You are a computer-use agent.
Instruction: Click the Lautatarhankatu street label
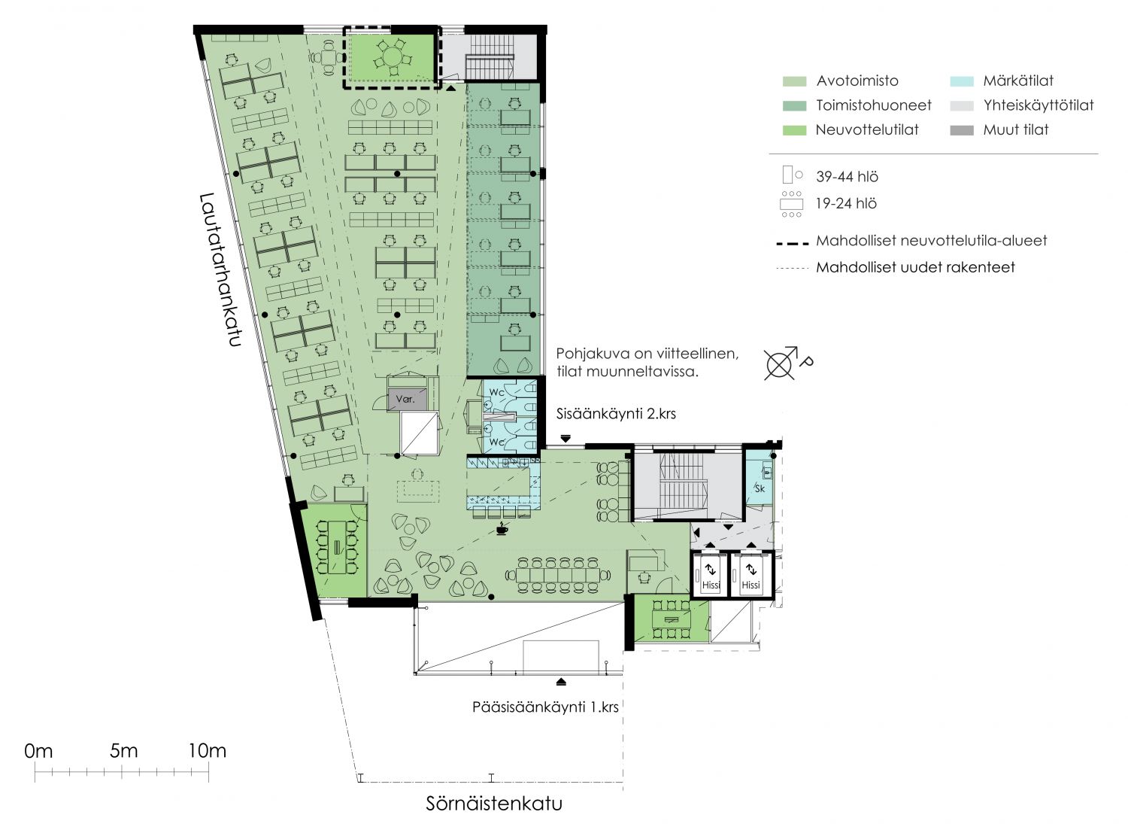pyautogui.click(x=220, y=269)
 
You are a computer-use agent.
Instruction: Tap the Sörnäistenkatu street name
pyautogui.click(x=494, y=804)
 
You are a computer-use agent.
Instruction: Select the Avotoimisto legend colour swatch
pyautogui.click(x=795, y=81)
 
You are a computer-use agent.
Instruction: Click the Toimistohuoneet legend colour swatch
pyautogui.click(x=795, y=106)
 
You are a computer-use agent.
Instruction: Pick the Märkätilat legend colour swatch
pyautogui.click(x=962, y=81)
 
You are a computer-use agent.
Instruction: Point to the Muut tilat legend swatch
pyautogui.click(x=962, y=130)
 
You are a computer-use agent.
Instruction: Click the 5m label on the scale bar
pyautogui.click(x=124, y=751)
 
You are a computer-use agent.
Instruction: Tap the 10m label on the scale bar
pyautogui.click(x=208, y=751)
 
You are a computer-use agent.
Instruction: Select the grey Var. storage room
pyautogui.click(x=407, y=399)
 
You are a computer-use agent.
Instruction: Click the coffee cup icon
pyautogui.click(x=502, y=529)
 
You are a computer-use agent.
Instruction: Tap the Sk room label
pyautogui.click(x=760, y=488)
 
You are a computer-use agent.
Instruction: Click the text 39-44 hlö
pyautogui.click(x=848, y=177)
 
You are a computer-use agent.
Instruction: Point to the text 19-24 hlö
pyautogui.click(x=847, y=204)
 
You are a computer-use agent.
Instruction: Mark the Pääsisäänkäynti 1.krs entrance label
pyautogui.click(x=545, y=707)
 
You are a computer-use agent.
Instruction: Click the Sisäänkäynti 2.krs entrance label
pyautogui.click(x=616, y=414)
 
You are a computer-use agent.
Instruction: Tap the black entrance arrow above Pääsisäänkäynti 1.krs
pyautogui.click(x=562, y=682)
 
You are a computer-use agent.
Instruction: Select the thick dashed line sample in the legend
pyautogui.click(x=793, y=244)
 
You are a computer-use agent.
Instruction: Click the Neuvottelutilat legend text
pyautogui.click(x=867, y=130)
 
